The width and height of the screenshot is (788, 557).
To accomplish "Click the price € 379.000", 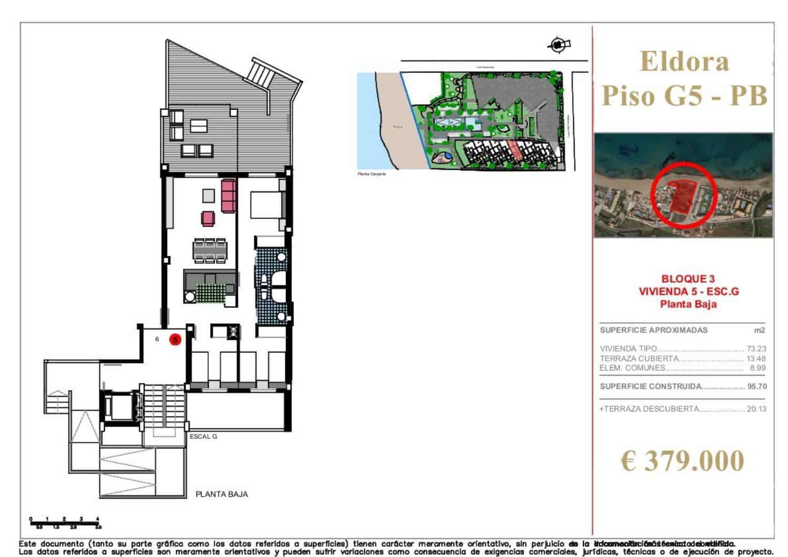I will click(x=682, y=461).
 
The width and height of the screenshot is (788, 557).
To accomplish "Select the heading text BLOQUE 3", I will click(x=688, y=279).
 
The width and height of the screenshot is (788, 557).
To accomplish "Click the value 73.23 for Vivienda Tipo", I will click(x=756, y=349).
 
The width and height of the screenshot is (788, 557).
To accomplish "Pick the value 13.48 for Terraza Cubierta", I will click(x=756, y=358).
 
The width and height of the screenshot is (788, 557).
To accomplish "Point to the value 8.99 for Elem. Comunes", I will click(x=758, y=368).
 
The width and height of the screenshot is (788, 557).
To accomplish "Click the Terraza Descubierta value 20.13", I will click(x=756, y=409).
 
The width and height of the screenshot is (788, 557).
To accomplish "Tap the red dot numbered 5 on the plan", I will click(x=175, y=340).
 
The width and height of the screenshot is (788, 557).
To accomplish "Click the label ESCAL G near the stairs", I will click(x=203, y=437).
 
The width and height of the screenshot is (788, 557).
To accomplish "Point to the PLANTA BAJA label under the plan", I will click(x=222, y=494).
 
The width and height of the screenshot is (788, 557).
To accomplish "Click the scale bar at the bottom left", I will click(x=65, y=522).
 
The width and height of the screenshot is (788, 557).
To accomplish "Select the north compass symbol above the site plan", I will click(x=558, y=45).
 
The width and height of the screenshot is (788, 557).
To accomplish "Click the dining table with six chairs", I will click(x=210, y=251).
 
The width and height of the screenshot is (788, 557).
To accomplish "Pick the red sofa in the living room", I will click(x=229, y=195).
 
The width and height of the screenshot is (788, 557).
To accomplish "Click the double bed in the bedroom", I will click(x=267, y=205).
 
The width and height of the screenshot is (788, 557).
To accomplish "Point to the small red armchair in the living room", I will click(x=208, y=218).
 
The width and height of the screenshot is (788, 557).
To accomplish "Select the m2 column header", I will click(x=759, y=331).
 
